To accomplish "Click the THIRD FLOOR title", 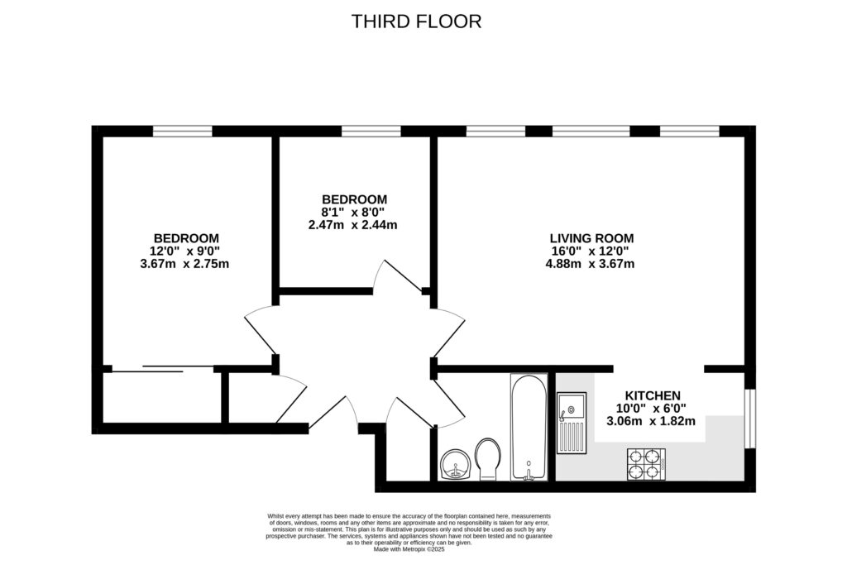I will click(416, 22).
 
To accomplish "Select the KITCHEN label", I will click(652, 395).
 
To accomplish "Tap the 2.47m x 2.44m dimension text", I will click(353, 225).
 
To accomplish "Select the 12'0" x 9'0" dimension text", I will click(184, 251).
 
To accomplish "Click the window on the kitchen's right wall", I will click(749, 419).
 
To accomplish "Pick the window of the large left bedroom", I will click(182, 130).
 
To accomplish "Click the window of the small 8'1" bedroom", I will click(371, 130).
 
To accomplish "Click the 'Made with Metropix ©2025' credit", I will click(409, 548).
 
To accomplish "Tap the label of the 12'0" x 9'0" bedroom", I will click(184, 238).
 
